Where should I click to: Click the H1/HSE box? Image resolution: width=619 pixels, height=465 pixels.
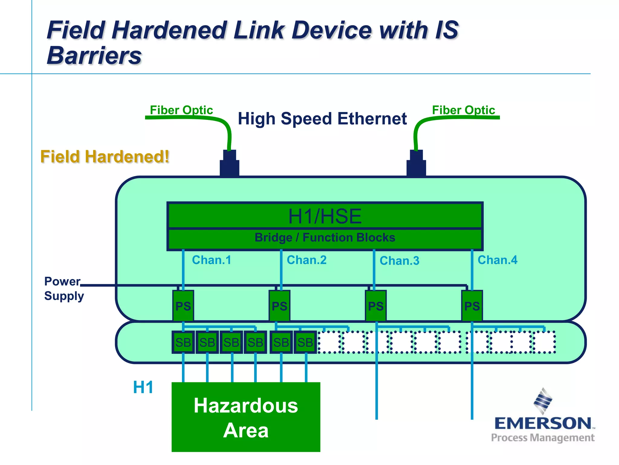click(x=325, y=216)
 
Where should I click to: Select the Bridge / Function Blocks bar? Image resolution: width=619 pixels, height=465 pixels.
click(x=325, y=238)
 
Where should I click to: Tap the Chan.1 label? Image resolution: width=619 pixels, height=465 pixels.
click(x=212, y=260)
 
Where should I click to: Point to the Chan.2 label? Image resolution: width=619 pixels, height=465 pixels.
click(x=306, y=260)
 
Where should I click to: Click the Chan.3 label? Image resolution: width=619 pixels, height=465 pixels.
click(x=399, y=261)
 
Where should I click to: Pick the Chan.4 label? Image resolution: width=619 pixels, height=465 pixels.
click(x=497, y=260)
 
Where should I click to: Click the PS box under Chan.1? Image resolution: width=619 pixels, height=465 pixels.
click(x=183, y=306)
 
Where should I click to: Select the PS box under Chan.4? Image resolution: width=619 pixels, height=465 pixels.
click(x=472, y=306)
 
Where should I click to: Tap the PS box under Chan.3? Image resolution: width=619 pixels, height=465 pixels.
click(x=376, y=306)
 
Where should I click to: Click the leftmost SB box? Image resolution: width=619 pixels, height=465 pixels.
click(x=183, y=342)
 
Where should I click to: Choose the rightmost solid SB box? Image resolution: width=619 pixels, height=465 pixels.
click(x=305, y=342)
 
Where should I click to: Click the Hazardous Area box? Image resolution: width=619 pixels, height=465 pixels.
click(x=246, y=417)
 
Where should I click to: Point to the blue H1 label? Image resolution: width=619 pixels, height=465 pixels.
click(x=143, y=387)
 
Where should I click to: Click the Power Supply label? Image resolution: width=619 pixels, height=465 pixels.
click(x=63, y=289)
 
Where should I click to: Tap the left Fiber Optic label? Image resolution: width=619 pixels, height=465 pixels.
click(x=181, y=110)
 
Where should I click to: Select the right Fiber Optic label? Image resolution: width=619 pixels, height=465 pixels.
click(x=463, y=110)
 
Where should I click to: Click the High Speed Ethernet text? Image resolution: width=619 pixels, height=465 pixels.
click(x=322, y=119)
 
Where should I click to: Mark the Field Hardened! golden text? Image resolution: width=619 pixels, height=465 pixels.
click(x=105, y=157)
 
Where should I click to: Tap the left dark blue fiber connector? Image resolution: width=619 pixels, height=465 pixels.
click(x=229, y=163)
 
